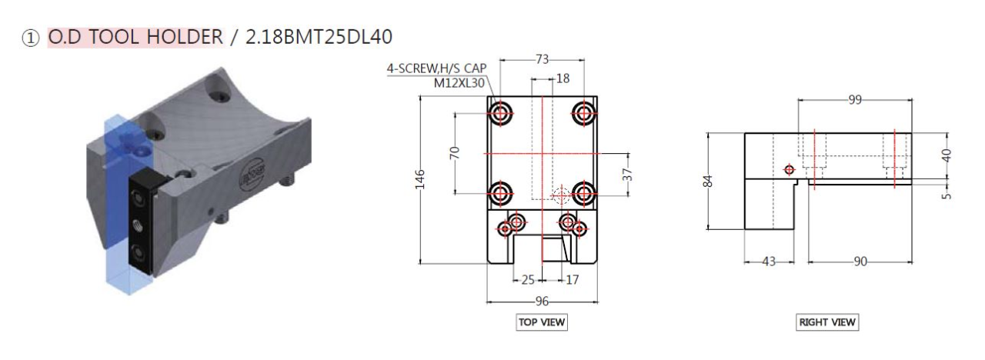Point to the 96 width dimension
[x=543, y=302]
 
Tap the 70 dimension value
[x=454, y=152]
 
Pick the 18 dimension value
[x=563, y=78]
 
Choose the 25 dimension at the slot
[x=528, y=279]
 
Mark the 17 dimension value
[x=572, y=279]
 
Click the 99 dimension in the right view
[x=854, y=100]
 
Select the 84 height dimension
[x=709, y=182]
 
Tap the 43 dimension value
[x=768, y=262]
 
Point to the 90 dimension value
[x=860, y=262]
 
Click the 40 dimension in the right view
[x=947, y=155]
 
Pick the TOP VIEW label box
[x=542, y=322]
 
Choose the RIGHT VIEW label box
[x=827, y=322]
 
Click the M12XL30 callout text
[x=459, y=83]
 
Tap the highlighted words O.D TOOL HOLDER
[x=135, y=36]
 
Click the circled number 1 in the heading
[x=30, y=37]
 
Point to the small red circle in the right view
[x=788, y=169]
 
